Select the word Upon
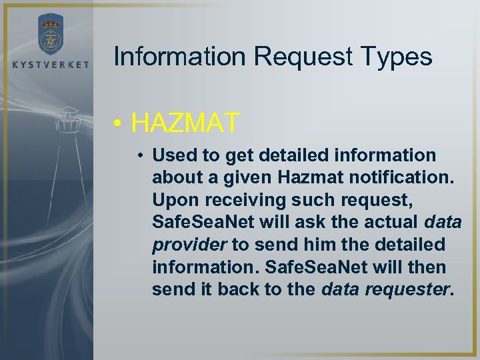(171, 199)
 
